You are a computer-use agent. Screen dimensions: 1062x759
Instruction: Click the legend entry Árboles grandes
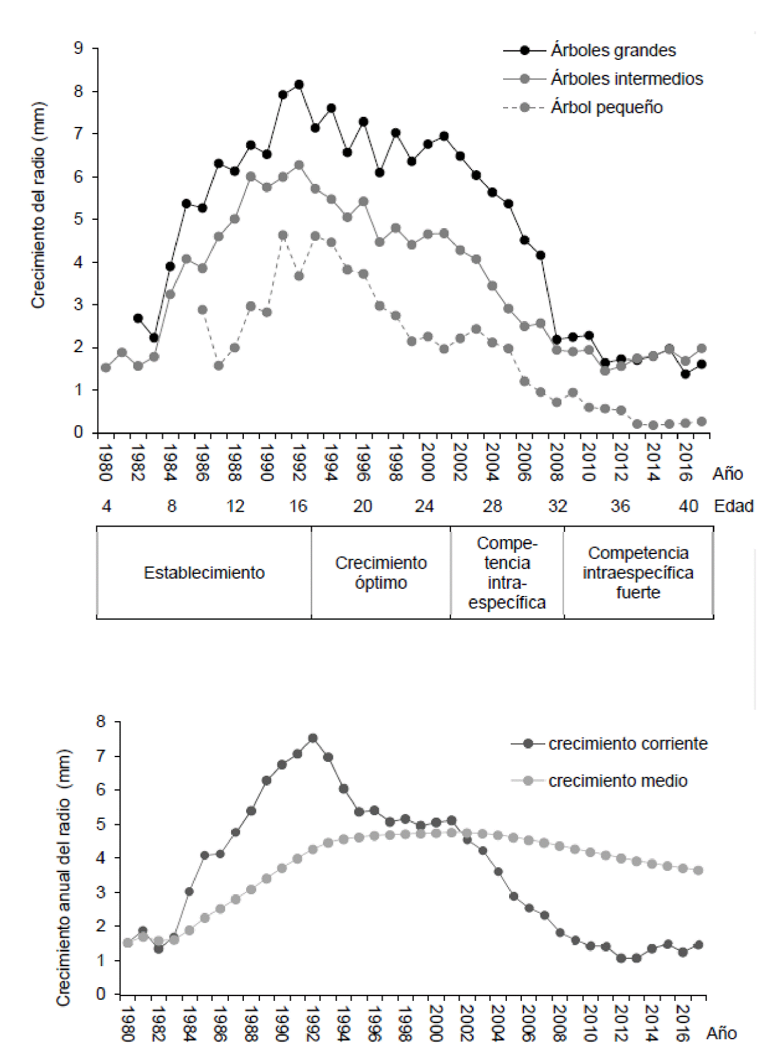(612, 50)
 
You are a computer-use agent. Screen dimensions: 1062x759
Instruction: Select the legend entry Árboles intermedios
(626, 79)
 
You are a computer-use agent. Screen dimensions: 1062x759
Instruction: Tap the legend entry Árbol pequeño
(606, 108)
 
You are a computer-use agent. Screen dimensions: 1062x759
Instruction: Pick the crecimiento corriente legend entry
(627, 744)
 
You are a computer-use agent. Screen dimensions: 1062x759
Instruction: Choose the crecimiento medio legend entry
(617, 781)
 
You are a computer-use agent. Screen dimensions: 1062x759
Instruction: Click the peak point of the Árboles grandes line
(299, 85)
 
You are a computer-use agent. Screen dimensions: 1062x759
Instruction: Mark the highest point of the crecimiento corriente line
(313, 739)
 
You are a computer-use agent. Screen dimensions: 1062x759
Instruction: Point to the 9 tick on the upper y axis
(78, 49)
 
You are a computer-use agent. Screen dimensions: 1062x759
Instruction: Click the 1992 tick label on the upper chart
(298, 462)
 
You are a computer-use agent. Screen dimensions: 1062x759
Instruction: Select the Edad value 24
(424, 507)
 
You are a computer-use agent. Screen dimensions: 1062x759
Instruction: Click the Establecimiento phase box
(204, 573)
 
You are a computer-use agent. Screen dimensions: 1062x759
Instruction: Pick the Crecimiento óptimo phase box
(381, 573)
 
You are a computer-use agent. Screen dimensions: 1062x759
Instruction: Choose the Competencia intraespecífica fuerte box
(638, 573)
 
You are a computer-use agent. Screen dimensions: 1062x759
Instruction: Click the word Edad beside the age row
(733, 507)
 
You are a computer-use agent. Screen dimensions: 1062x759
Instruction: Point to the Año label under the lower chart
(721, 1034)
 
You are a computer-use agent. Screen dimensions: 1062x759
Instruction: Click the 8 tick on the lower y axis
(101, 722)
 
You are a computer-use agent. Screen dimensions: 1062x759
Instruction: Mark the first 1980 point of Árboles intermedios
(105, 368)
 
